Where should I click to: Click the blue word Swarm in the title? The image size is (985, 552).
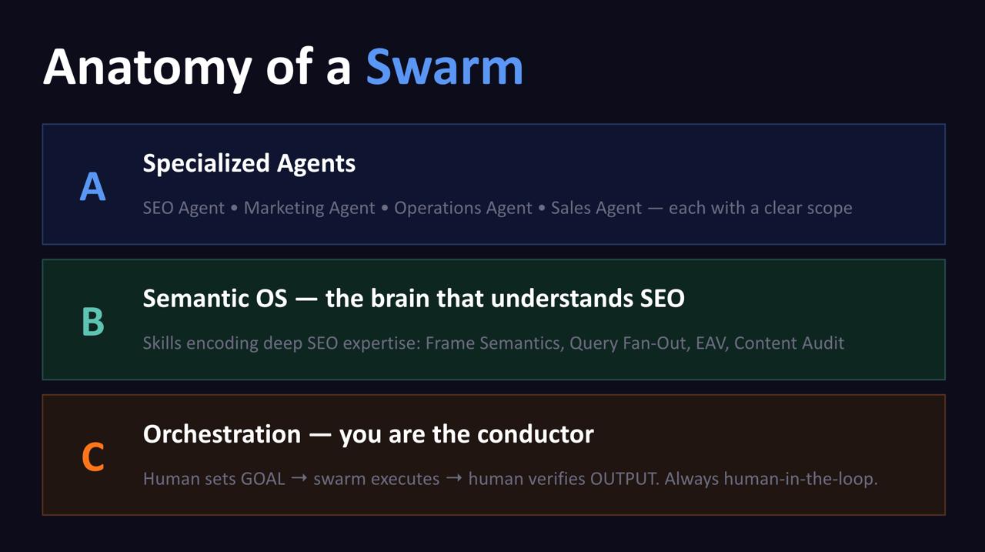[x=445, y=67]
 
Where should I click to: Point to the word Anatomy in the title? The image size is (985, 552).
[x=147, y=69]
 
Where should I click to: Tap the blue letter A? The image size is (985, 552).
[x=93, y=186]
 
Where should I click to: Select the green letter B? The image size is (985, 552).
[x=93, y=322]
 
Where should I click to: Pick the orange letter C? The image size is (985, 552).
[x=93, y=457]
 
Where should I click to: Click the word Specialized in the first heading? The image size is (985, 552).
[x=206, y=164]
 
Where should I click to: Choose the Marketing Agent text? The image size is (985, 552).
[x=309, y=208]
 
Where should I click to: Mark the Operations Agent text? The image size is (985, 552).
[x=463, y=208]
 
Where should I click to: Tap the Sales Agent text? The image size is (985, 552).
[x=596, y=208]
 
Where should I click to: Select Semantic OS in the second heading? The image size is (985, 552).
[x=215, y=298]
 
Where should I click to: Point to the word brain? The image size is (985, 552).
[x=399, y=298]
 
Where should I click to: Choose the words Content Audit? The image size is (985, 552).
[x=789, y=343]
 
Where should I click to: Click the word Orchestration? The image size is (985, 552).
[x=222, y=434]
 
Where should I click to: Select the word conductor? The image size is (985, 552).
[x=535, y=434]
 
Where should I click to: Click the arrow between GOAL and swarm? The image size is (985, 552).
[x=299, y=477]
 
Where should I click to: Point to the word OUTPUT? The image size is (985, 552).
[x=624, y=479]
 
